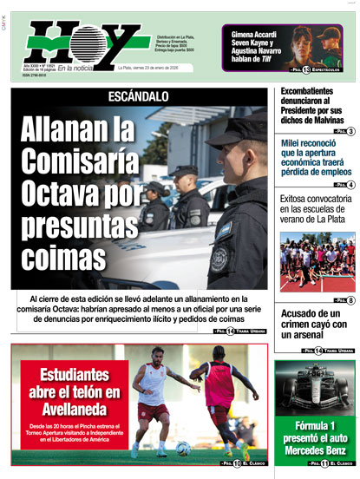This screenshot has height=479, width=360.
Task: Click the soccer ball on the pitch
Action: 183,448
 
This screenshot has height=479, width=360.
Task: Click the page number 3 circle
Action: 350,131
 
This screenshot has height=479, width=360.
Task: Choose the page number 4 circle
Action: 350,185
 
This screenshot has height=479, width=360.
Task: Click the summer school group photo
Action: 317,260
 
